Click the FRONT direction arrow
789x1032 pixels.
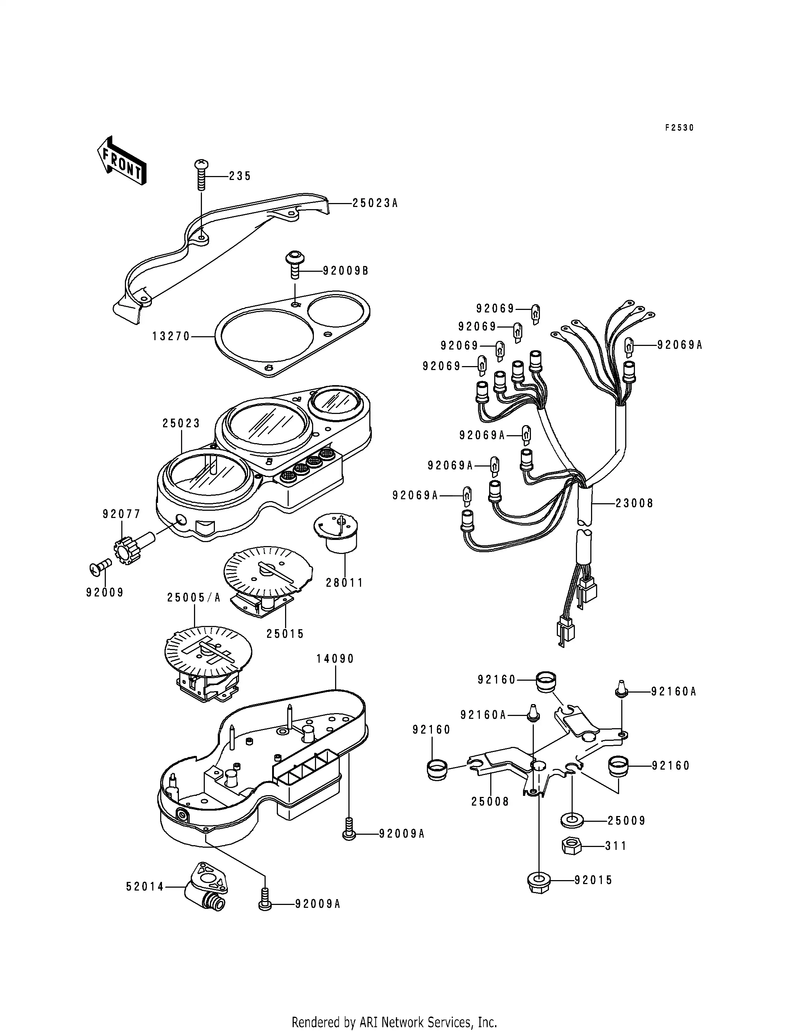(x=122, y=160)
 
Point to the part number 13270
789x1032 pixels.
(x=171, y=336)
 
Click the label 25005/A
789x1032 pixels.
(x=194, y=598)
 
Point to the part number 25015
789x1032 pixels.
(x=285, y=634)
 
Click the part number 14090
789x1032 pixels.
(x=335, y=659)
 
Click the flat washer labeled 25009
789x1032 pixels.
(x=572, y=821)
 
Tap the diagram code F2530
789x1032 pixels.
(x=679, y=128)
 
